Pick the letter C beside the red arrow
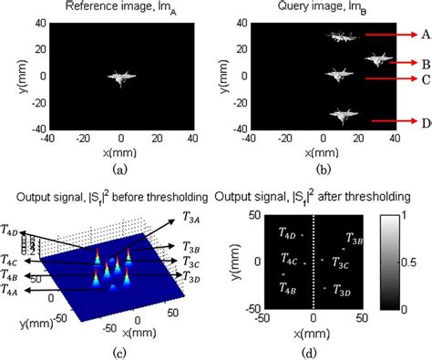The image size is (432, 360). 425,79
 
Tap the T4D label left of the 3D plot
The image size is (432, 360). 11,231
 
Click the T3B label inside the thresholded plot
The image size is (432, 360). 355,241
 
